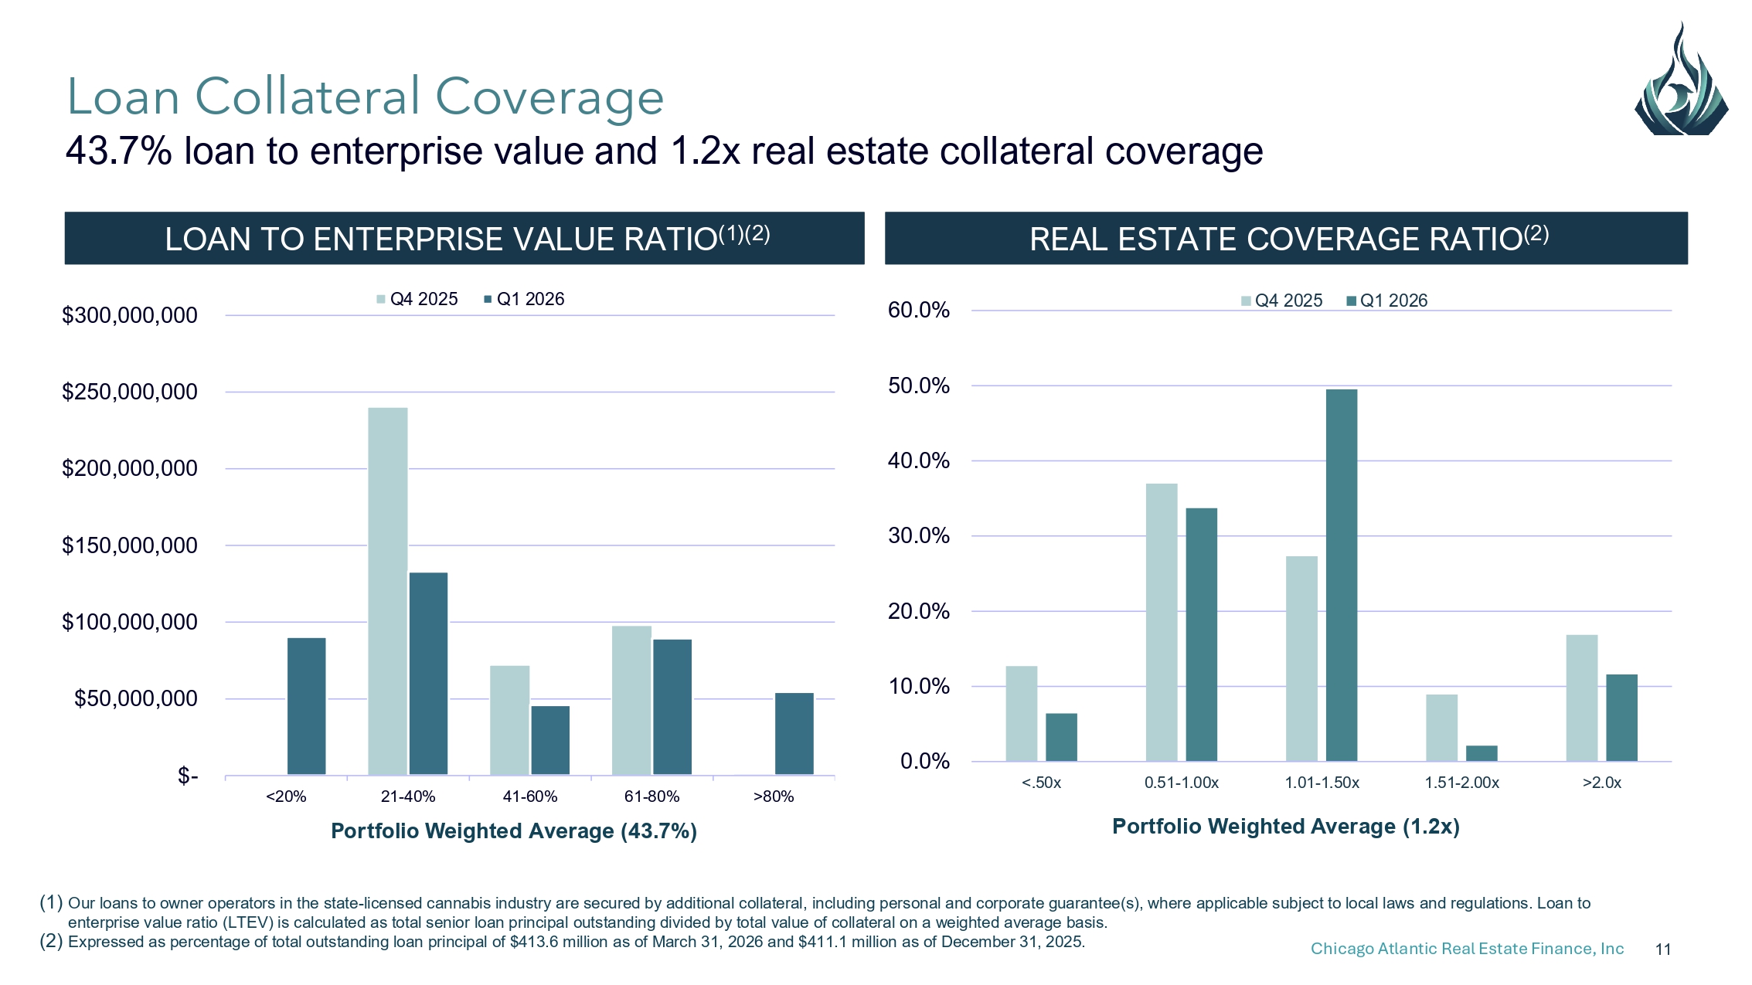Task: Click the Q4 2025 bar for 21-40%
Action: click(388, 591)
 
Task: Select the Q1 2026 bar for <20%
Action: click(307, 706)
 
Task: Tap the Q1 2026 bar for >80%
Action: click(794, 734)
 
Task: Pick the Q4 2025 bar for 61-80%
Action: click(631, 700)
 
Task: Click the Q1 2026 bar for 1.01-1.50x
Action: click(1342, 576)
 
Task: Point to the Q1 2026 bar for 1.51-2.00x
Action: click(1482, 753)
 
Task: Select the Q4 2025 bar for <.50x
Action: click(1022, 714)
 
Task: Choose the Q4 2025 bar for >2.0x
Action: click(1582, 698)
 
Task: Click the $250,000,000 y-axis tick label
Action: click(130, 392)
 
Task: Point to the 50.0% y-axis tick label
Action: click(919, 386)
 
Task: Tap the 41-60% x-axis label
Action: click(530, 796)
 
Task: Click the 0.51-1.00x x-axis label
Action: click(1182, 783)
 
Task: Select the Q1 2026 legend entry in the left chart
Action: click(524, 299)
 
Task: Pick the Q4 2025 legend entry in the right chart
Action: click(1282, 301)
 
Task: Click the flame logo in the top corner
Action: click(1682, 79)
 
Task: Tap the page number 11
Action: click(1663, 949)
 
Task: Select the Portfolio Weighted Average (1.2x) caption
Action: click(1286, 827)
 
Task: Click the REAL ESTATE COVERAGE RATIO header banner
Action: click(1286, 238)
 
